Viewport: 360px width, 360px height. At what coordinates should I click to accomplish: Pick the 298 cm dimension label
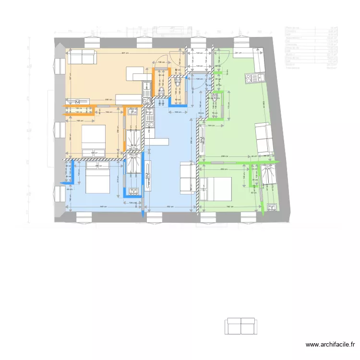pyautogui.click(x=224, y=156)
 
